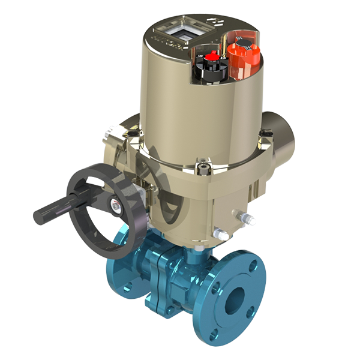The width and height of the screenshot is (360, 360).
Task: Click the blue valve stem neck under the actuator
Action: click(x=191, y=255)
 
